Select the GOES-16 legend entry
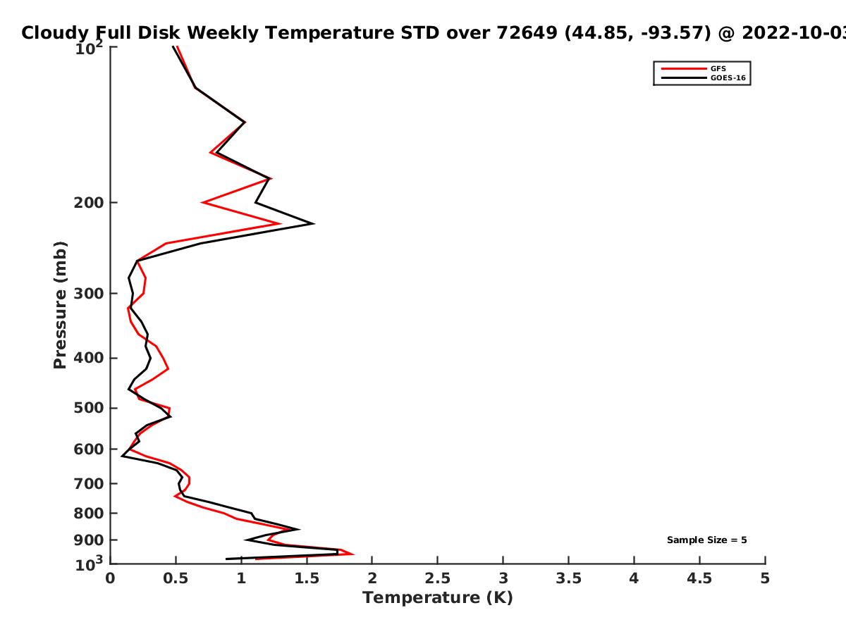[704, 77]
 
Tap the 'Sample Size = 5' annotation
[707, 540]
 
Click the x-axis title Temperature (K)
[438, 598]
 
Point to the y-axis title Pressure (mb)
[60, 305]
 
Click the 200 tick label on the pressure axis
[89, 202]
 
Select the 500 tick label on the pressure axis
[89, 408]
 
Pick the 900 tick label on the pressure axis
[89, 540]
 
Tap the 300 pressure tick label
[89, 294]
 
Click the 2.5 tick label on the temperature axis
[438, 578]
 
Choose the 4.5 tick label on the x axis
[699, 578]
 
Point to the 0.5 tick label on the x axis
[176, 578]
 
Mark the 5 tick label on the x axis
[765, 578]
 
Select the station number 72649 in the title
[527, 32]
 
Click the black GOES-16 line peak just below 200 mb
[314, 223]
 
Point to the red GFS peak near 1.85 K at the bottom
[352, 554]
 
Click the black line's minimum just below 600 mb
[122, 456]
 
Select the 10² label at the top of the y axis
[89, 48]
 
